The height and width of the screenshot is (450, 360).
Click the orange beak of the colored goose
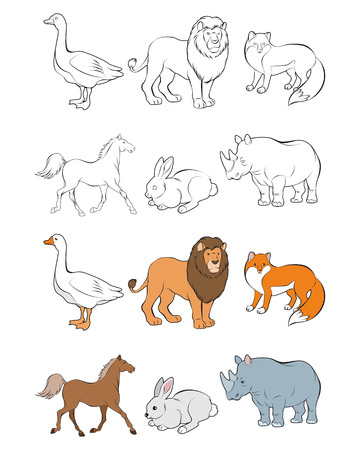coord(46,241)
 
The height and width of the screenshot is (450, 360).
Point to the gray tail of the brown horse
coord(50,385)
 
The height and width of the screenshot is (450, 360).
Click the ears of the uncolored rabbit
coord(164,165)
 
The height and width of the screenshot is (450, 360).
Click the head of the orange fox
coord(258,266)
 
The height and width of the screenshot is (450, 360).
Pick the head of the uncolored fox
coord(258,46)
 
